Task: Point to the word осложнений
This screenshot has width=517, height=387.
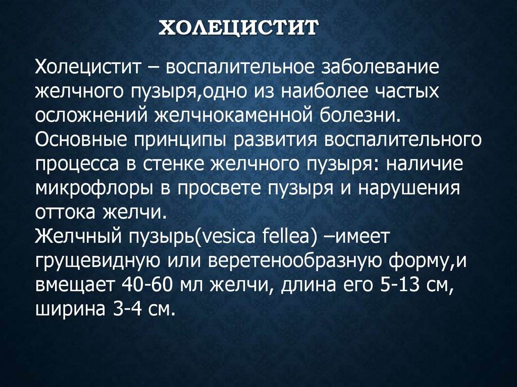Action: coord(88,115)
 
